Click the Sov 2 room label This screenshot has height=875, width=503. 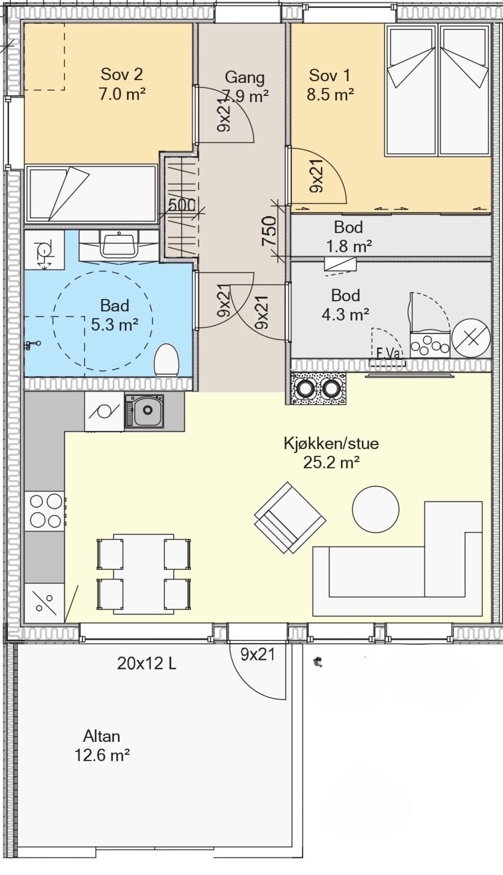pyautogui.click(x=122, y=84)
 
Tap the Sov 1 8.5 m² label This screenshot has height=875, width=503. pyautogui.click(x=329, y=85)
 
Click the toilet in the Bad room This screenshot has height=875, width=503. pyautogui.click(x=166, y=360)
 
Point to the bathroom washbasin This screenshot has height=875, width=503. pyautogui.click(x=119, y=244)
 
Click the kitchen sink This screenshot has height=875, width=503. pyautogui.click(x=144, y=411)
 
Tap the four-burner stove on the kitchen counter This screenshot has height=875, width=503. pyautogui.click(x=46, y=511)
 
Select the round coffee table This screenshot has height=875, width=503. pyautogui.click(x=376, y=509)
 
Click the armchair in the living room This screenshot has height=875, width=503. pyautogui.click(x=290, y=518)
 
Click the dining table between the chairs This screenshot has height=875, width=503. pyautogui.click(x=144, y=574)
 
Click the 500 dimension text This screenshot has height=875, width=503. pyautogui.click(x=182, y=205)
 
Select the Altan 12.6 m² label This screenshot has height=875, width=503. pyautogui.click(x=102, y=746)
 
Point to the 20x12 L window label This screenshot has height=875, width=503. pyautogui.click(x=146, y=663)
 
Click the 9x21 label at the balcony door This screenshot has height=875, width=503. pyautogui.click(x=258, y=654)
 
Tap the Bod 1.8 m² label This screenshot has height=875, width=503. pyautogui.click(x=348, y=237)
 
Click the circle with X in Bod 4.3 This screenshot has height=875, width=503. pyautogui.click(x=471, y=337)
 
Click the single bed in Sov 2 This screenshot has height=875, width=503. pyautogui.click(x=91, y=193)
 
